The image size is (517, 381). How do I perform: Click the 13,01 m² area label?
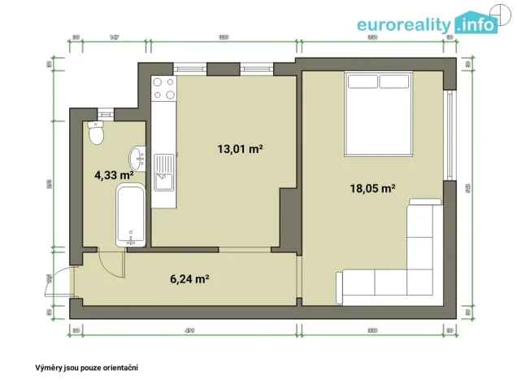[x=239, y=149]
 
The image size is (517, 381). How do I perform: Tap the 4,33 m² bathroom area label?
[x=115, y=174]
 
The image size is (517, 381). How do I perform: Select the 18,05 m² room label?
[x=372, y=188]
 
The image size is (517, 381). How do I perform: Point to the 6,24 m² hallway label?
[x=190, y=278]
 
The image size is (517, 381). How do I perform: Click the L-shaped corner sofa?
[x=398, y=261]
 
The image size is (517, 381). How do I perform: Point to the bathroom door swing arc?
[x=110, y=263]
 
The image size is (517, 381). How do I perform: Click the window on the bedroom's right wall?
[x=448, y=134]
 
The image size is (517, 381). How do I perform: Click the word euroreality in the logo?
[x=403, y=24]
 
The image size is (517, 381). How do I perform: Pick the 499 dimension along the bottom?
[x=189, y=331]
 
